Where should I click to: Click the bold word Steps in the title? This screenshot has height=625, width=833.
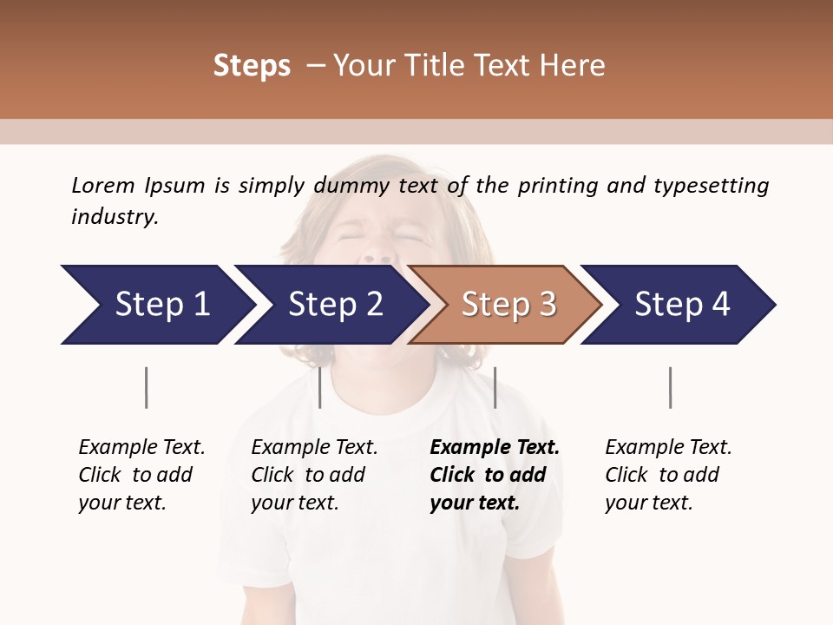point(252,66)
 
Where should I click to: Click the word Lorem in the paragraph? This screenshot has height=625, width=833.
point(103,185)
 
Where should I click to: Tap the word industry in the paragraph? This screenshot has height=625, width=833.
point(114,217)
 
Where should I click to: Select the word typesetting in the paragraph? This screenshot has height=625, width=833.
point(711,186)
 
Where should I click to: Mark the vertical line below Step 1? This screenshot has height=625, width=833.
point(147,387)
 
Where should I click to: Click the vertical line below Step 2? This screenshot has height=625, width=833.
point(320,387)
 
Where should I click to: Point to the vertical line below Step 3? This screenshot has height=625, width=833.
point(495,387)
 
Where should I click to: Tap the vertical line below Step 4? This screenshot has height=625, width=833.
point(670,387)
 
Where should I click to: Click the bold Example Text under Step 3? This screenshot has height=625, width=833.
point(495,448)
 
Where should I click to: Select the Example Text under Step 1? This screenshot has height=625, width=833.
point(141,448)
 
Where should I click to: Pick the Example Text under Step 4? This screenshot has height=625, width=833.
point(668,448)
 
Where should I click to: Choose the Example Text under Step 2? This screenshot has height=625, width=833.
point(314,448)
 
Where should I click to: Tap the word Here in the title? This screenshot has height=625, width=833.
point(574,66)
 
